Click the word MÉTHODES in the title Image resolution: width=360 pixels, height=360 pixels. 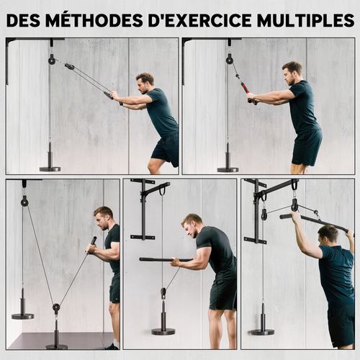(x=90, y=19)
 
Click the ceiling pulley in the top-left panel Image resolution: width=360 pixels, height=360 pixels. (x=51, y=60)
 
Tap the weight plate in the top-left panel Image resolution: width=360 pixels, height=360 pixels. (x=50, y=168)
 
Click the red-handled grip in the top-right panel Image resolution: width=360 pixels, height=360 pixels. (x=246, y=89)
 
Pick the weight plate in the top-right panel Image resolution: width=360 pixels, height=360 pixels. (x=228, y=168)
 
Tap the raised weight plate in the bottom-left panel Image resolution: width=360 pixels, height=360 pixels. (x=22, y=315)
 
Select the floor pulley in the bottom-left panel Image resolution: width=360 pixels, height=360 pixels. (x=56, y=308)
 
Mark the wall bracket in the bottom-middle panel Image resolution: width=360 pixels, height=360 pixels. (x=144, y=209)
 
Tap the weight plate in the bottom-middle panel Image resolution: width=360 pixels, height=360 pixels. (x=163, y=331)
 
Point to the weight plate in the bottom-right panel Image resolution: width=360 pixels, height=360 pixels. (x=261, y=331)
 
